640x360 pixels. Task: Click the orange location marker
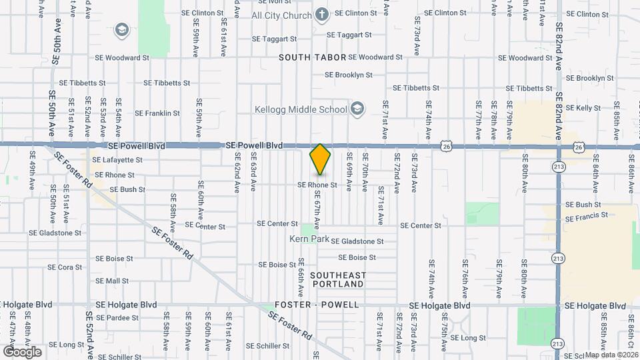tap(320, 159)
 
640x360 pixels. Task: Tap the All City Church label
tap(281, 15)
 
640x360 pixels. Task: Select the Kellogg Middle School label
tap(301, 109)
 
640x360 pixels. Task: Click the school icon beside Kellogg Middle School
tap(357, 109)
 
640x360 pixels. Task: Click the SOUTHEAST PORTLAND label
tap(337, 279)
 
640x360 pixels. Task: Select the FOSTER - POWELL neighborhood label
tap(317, 305)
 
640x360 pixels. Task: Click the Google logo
tap(22, 351)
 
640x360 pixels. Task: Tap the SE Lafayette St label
tap(117, 160)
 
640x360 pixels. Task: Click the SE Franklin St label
tap(157, 113)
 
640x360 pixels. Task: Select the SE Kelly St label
tap(583, 108)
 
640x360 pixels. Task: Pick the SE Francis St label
tap(587, 217)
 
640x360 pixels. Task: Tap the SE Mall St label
tap(112, 281)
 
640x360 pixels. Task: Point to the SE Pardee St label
tap(117, 317)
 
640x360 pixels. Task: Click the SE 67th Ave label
tap(317, 211)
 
